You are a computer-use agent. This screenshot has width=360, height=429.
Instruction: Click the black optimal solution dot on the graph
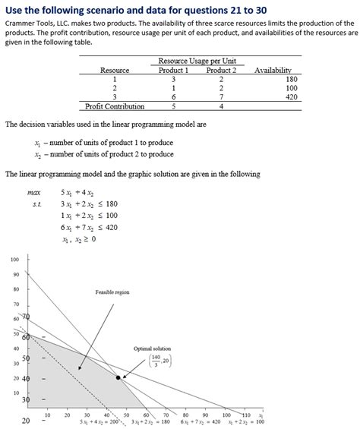[118, 377]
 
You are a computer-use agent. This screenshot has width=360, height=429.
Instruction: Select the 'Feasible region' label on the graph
[112, 292]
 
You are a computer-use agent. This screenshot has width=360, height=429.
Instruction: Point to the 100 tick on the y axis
[15, 260]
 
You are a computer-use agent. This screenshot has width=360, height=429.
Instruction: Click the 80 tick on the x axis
[185, 415]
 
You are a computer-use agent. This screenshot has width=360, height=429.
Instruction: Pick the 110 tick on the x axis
[245, 415]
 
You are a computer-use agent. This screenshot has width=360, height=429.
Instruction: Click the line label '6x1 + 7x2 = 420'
[201, 422]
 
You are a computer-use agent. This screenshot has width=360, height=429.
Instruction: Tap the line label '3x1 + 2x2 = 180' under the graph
[151, 422]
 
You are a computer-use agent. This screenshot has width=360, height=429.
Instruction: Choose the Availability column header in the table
[273, 70]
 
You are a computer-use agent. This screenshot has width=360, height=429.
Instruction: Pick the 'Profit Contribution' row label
[115, 106]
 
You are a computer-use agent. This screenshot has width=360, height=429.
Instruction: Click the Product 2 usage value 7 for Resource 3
[220, 97]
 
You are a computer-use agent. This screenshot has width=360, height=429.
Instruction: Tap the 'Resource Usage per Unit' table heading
[196, 60]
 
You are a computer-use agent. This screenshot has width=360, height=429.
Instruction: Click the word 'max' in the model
[33, 193]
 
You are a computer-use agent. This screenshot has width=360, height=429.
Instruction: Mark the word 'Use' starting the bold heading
[16, 8]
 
